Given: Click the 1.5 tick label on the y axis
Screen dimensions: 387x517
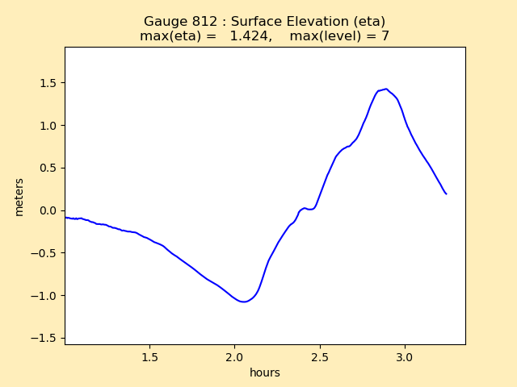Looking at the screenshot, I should (48, 83).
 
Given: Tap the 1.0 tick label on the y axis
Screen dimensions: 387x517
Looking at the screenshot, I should (48, 126).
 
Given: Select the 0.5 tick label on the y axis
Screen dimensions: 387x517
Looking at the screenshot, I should (48, 169).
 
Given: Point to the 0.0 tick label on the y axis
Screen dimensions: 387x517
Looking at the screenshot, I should (48, 210).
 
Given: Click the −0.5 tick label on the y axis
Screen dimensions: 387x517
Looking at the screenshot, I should (45, 253).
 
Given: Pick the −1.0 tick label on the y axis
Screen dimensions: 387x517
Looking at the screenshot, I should (45, 296).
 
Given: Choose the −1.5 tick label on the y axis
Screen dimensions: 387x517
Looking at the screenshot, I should (45, 339).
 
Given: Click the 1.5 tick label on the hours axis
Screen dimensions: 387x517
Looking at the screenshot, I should (149, 356).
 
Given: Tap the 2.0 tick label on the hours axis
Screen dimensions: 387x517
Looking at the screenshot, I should (234, 356).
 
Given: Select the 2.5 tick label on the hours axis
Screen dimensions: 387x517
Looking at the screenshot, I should (320, 356).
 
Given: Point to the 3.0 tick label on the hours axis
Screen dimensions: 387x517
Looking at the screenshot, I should (405, 356).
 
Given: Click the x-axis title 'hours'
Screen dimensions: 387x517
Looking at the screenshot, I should (265, 372).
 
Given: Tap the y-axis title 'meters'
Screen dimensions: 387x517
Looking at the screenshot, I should (19, 196).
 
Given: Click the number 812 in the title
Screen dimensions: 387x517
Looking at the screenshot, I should (203, 22).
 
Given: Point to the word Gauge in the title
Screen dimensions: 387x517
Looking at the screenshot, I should (165, 22).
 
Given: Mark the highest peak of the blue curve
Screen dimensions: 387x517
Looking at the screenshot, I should (386, 89).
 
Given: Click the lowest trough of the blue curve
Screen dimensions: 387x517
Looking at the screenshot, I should (244, 302).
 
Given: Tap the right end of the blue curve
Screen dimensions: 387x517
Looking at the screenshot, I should (446, 193).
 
